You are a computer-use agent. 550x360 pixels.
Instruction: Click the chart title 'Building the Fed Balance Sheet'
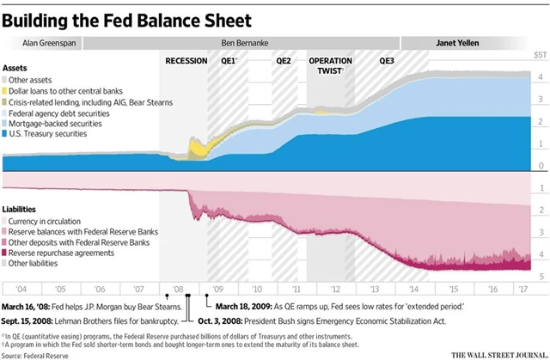coord(129,17)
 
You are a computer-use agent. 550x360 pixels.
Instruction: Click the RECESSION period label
coord(186,60)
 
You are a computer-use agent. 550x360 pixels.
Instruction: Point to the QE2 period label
coord(284,60)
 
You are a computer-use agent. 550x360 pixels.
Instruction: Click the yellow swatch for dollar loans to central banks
coord(7,90)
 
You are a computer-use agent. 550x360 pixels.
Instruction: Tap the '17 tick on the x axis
coord(519,290)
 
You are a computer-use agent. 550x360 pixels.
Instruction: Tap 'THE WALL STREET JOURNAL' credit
coord(497,353)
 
